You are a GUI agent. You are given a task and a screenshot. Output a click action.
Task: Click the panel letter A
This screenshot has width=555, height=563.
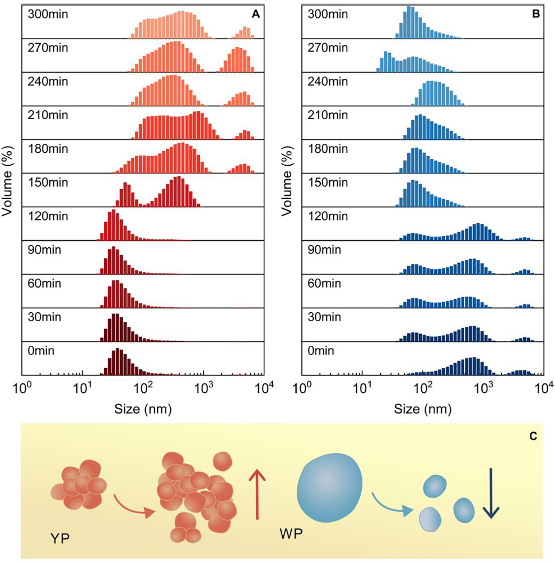coord(255,15)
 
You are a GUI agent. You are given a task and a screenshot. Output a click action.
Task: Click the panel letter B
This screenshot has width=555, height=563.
coord(536,15)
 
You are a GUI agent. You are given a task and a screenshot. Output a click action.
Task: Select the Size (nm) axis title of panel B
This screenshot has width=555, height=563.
coord(423,409)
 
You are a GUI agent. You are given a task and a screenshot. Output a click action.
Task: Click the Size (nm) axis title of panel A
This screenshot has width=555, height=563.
coord(143,409)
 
